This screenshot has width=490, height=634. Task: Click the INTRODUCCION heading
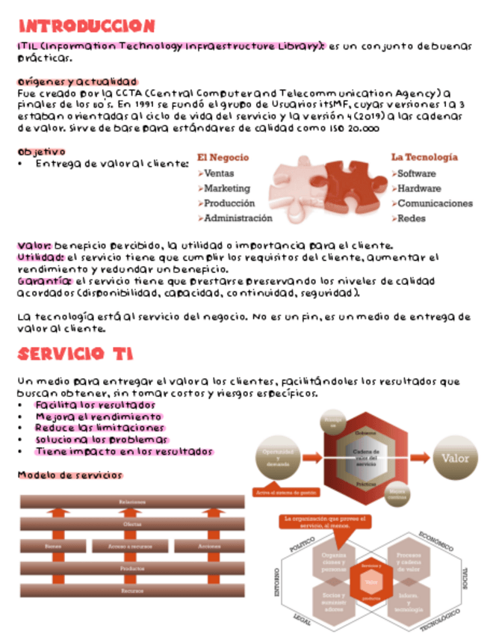click(87, 26)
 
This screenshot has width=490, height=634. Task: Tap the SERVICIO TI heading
click(75, 354)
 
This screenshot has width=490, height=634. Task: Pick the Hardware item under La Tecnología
click(418, 188)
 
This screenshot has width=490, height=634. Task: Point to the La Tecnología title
click(424, 158)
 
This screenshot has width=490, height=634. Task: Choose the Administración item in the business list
click(238, 218)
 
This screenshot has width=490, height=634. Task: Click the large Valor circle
click(455, 458)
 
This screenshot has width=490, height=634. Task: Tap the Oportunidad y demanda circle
click(277, 458)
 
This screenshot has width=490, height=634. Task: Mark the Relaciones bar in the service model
click(131, 502)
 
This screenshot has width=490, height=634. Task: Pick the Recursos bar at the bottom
click(131, 591)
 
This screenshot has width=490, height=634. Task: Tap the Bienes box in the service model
click(52, 547)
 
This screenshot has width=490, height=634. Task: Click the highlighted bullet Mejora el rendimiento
click(98, 416)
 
